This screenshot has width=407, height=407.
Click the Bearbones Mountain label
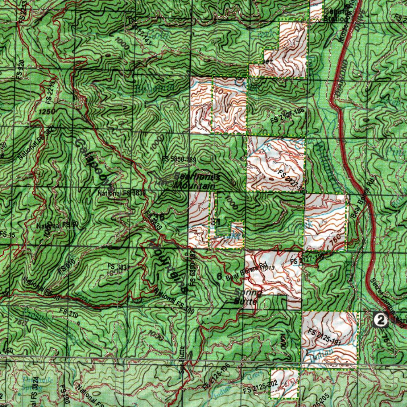click(195, 181)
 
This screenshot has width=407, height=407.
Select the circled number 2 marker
click(381, 320)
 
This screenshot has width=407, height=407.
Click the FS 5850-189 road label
click(179, 159)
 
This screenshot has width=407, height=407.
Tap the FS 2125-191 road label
click(325, 337)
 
